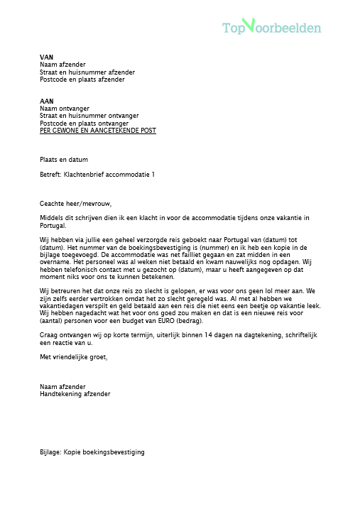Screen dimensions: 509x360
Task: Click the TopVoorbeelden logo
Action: point(271,27)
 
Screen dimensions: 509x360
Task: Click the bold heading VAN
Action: point(46,57)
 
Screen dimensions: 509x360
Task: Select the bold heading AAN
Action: point(46,101)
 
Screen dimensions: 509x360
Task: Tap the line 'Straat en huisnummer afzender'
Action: point(87,72)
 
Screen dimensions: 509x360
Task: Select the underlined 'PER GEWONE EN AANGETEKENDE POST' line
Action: point(98,131)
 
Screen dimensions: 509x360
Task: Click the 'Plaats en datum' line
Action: point(64,160)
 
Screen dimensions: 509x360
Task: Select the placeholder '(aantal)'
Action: point(53,321)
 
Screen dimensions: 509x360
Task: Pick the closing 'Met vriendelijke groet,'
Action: point(74,357)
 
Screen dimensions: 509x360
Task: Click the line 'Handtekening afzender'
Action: point(75,393)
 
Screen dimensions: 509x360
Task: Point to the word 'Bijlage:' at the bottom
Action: point(50,451)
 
